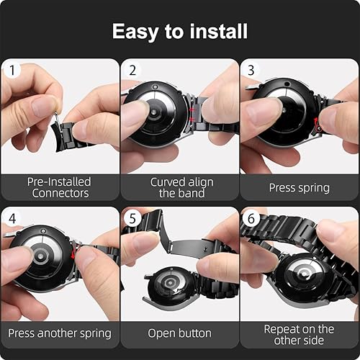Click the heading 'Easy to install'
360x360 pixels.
click(x=180, y=32)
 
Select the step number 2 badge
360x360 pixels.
click(x=132, y=71)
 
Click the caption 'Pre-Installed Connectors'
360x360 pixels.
click(x=59, y=187)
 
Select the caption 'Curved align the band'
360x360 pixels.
click(x=179, y=187)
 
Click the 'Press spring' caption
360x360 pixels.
click(x=300, y=187)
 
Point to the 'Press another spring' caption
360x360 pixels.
click(x=59, y=333)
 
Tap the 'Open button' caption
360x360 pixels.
click(x=179, y=333)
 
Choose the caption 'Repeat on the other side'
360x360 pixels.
click(x=300, y=334)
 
